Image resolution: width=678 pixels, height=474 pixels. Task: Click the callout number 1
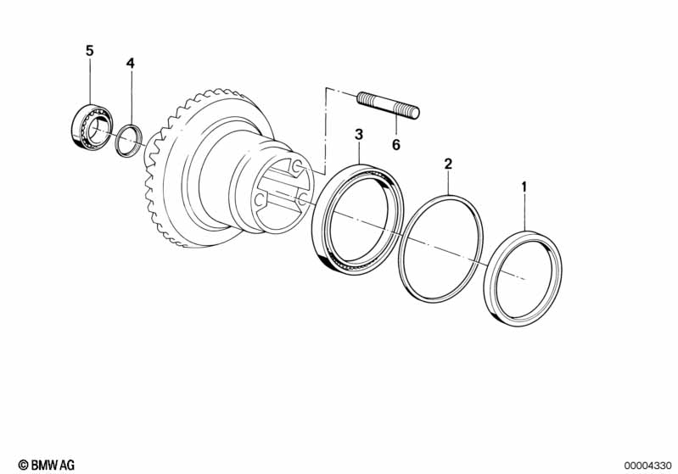tap(524, 186)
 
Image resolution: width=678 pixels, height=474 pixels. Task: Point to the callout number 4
tap(130, 64)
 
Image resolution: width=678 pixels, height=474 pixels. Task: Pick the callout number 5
tap(89, 50)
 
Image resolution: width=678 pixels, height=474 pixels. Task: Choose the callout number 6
tap(395, 144)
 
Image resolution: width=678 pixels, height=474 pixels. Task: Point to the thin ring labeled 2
tap(442, 247)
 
